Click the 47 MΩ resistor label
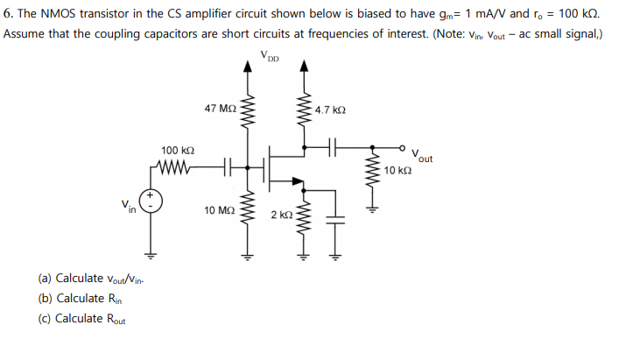pyautogui.click(x=220, y=109)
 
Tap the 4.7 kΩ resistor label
pyautogui.click(x=330, y=111)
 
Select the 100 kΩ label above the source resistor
pyautogui.click(x=178, y=151)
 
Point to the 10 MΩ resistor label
pyautogui.click(x=219, y=211)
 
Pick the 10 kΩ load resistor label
pyautogui.click(x=397, y=170)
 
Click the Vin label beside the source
pyautogui.click(x=129, y=207)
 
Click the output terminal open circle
pyautogui.click(x=403, y=147)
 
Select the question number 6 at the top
pyautogui.click(x=8, y=14)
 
